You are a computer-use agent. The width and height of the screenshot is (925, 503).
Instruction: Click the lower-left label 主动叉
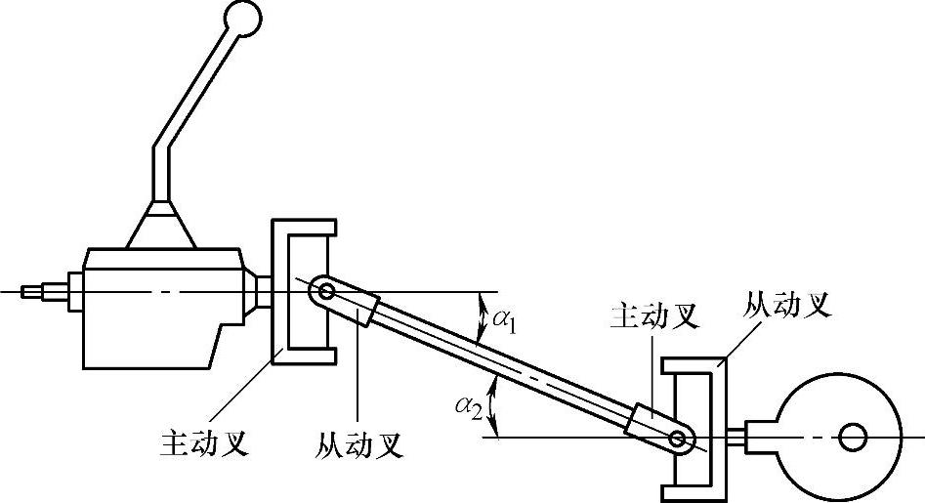click(202, 443)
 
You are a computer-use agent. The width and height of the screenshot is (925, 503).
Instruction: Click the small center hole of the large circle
click(854, 437)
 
